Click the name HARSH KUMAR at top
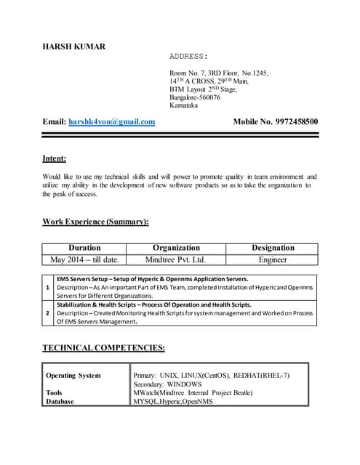click(x=74, y=46)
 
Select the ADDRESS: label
click(x=189, y=56)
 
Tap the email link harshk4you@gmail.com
click(x=111, y=122)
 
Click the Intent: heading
click(x=55, y=158)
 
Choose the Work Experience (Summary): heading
click(x=95, y=221)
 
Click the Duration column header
click(x=84, y=248)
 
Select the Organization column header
click(x=176, y=248)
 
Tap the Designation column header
click(x=273, y=248)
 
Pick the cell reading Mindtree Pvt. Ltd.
click(x=176, y=259)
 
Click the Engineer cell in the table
click(x=273, y=259)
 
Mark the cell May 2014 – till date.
click(x=84, y=259)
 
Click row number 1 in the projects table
click(x=48, y=288)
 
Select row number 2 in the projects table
click(x=48, y=313)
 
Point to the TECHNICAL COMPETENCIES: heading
click(x=103, y=348)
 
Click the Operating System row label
click(x=73, y=376)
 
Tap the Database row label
click(x=60, y=401)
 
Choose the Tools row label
click(x=54, y=392)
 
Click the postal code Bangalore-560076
click(x=195, y=97)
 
